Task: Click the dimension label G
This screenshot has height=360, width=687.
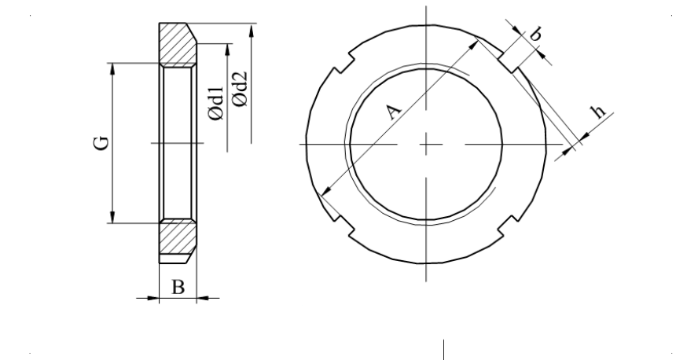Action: (101, 143)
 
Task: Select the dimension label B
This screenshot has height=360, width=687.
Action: (178, 288)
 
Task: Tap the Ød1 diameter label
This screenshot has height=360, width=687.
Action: (216, 103)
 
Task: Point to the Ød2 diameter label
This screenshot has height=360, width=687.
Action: (240, 89)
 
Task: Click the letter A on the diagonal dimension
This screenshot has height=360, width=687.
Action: (393, 112)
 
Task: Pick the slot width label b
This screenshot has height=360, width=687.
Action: (535, 34)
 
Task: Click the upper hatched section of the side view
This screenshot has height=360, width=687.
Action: (177, 45)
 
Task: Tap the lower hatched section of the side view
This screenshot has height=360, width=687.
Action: (176, 237)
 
